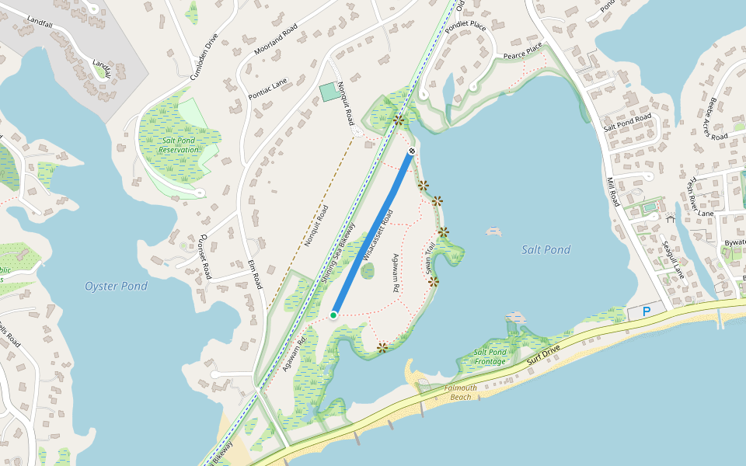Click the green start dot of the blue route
333,315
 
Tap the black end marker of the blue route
412,151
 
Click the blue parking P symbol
644,312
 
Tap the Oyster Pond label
116,287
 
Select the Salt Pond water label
546,249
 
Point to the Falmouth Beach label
461,392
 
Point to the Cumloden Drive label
204,57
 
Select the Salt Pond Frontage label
491,356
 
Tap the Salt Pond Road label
627,120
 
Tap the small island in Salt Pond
493,231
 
